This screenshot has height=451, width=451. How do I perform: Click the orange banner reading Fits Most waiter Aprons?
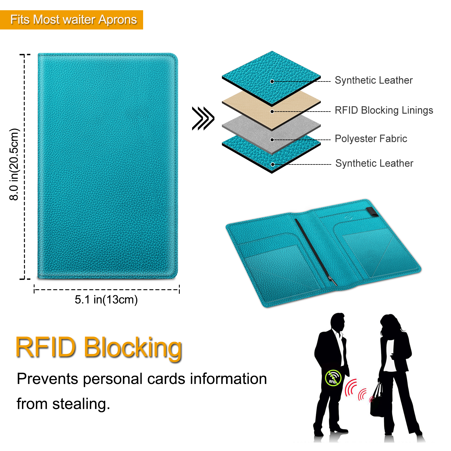(72, 20)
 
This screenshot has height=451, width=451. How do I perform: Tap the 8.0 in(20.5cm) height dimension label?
(14, 164)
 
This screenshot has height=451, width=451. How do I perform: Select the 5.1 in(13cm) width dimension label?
(106, 300)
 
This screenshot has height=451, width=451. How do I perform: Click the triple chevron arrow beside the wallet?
(203, 118)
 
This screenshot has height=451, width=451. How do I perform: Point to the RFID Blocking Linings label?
(384, 110)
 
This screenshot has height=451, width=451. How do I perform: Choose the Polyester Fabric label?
(371, 139)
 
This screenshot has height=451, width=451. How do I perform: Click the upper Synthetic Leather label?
(374, 80)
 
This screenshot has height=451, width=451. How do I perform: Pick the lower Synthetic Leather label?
(374, 163)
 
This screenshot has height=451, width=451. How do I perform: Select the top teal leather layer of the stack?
(272, 78)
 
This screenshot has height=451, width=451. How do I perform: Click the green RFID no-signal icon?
(333, 378)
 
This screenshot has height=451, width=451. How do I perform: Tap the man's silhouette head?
(338, 322)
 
